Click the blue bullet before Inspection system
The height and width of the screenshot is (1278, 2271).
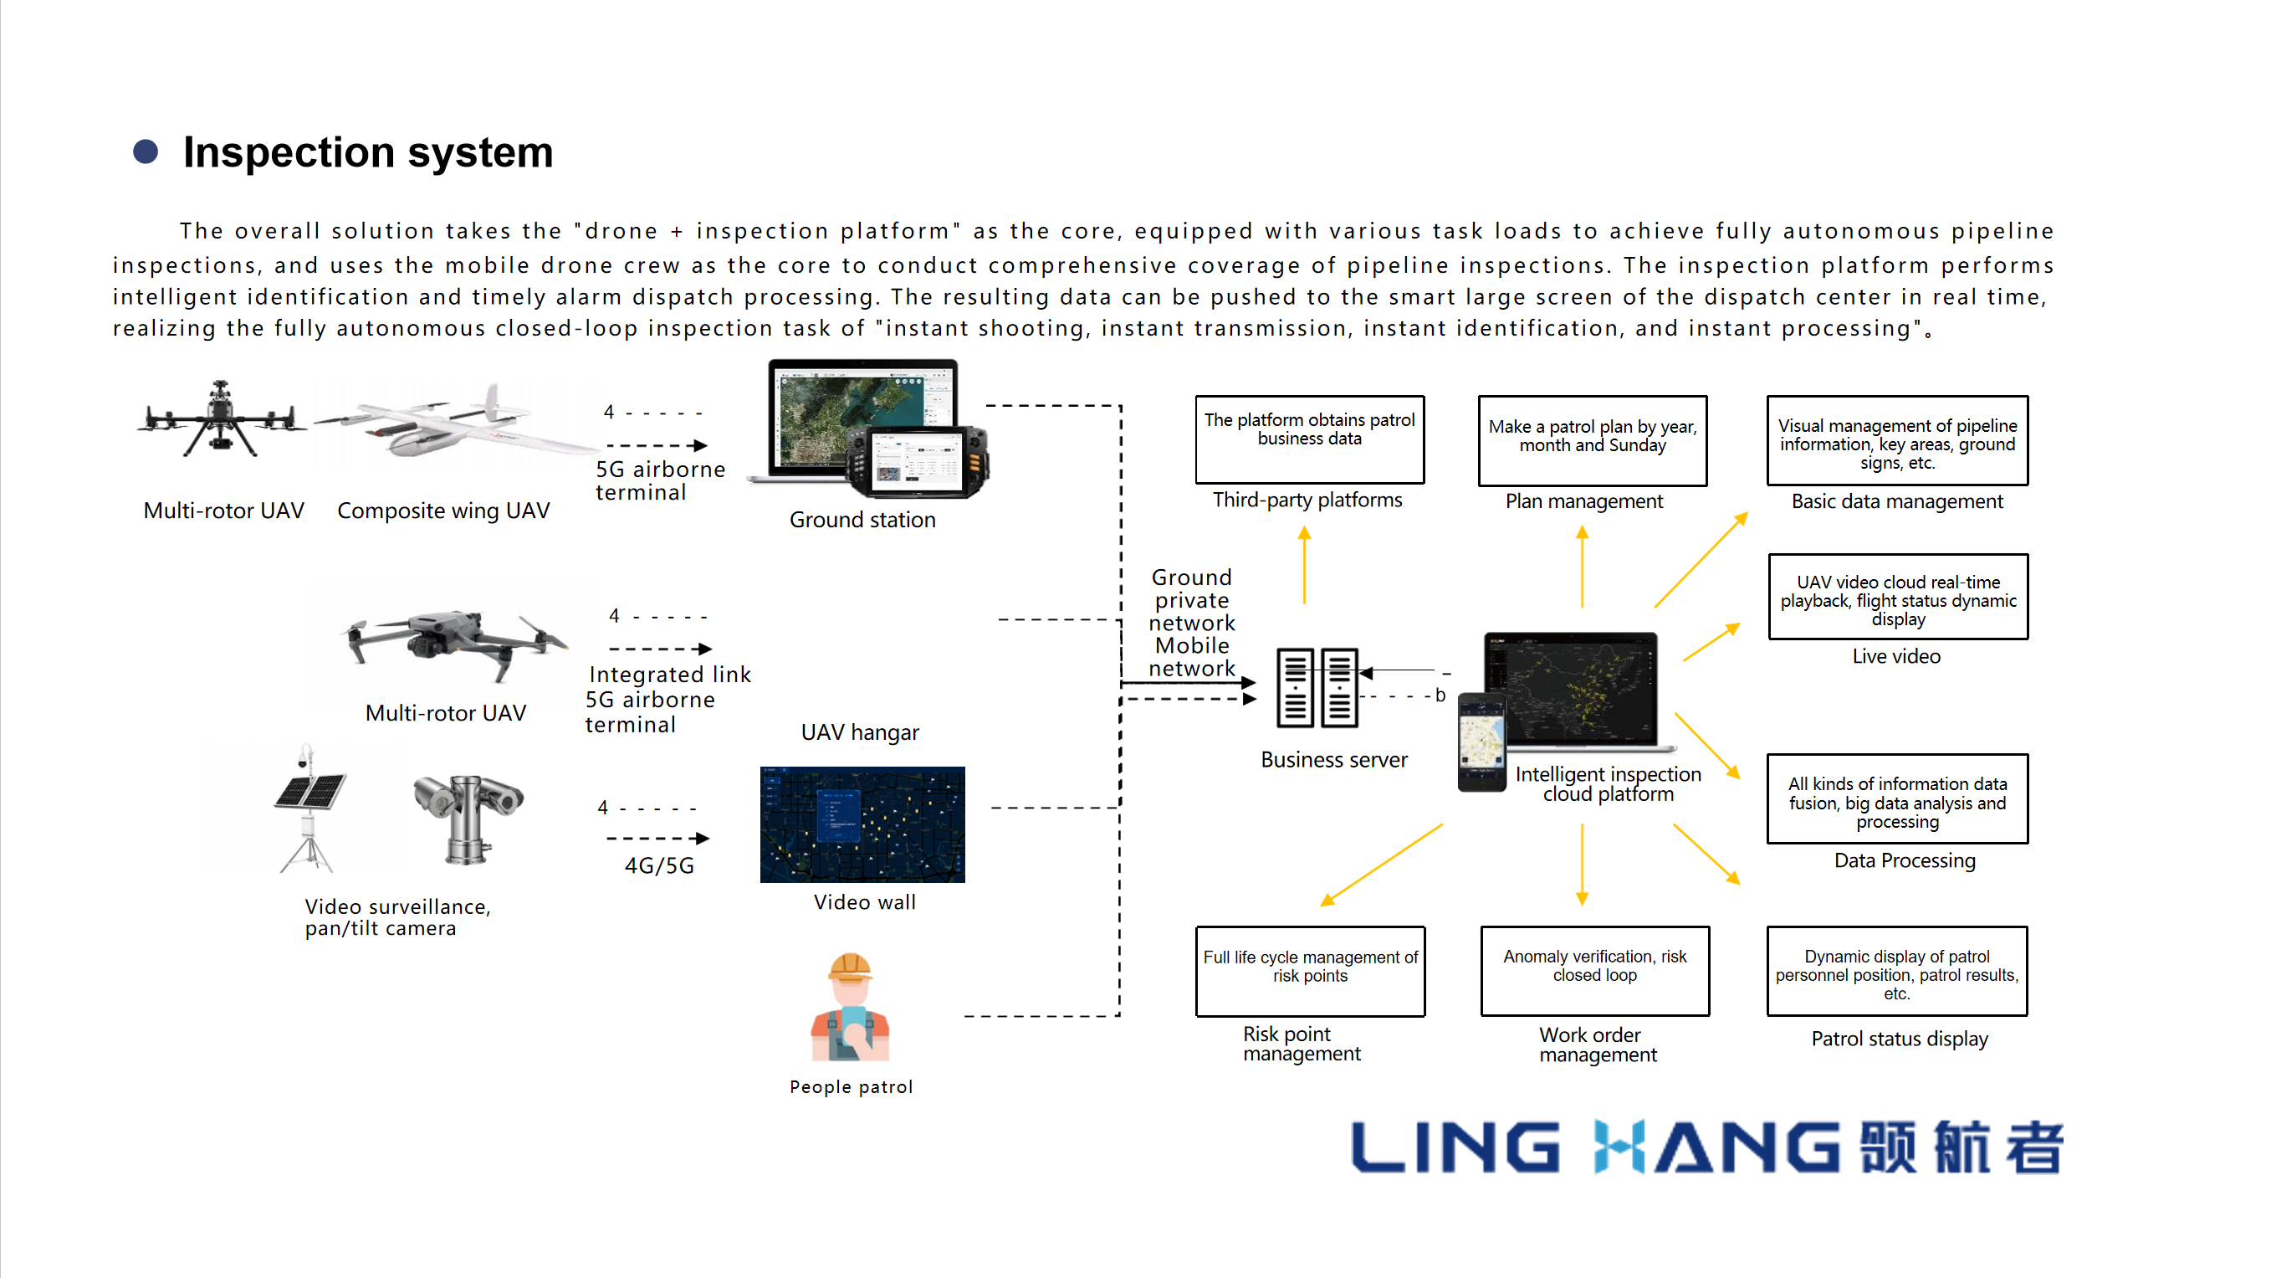[x=146, y=151]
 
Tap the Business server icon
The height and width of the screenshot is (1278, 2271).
[x=1317, y=688]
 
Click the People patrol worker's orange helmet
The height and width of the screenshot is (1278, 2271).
[x=850, y=967]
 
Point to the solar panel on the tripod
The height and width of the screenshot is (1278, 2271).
[x=310, y=790]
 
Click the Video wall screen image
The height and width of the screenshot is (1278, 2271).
[x=862, y=824]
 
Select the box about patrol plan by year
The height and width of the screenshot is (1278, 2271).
[x=1592, y=440]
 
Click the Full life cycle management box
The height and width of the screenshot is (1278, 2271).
[x=1310, y=970]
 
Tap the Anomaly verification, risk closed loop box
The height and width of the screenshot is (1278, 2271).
[x=1595, y=970]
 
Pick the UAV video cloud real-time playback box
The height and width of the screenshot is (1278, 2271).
[x=1898, y=597]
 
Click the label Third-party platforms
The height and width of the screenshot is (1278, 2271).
[x=1307, y=500]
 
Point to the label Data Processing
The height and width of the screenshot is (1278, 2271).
[x=1905, y=861]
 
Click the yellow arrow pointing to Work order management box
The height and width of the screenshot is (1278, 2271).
[x=1583, y=865]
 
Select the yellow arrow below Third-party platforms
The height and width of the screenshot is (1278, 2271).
[x=1305, y=564]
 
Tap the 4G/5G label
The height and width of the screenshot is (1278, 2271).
[x=659, y=866]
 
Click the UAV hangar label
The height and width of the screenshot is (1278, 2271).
[x=860, y=733]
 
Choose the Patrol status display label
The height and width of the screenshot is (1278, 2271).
[x=1900, y=1039]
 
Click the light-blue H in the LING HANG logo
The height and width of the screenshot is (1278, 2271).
[x=1619, y=1147]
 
